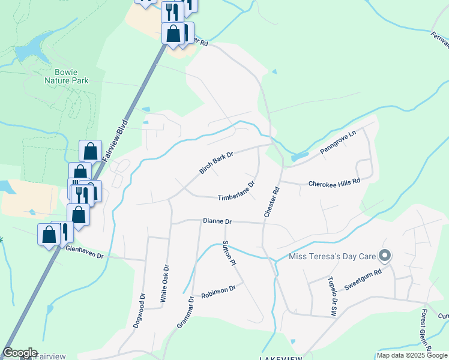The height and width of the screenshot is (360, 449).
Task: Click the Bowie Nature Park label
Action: tap(67, 76)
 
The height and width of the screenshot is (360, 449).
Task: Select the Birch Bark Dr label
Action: tap(216, 163)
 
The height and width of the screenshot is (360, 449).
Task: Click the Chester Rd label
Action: tap(272, 202)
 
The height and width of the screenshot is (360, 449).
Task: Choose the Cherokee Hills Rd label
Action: tap(334, 182)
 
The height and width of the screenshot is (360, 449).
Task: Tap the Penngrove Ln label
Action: tap(338, 143)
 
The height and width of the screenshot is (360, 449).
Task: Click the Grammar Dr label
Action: tap(185, 311)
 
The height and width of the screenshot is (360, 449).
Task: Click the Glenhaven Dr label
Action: tap(85, 252)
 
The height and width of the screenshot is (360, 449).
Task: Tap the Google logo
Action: tap(19, 353)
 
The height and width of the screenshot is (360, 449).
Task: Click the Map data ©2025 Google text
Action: tap(411, 355)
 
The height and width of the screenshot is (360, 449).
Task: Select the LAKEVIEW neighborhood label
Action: tap(283, 358)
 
